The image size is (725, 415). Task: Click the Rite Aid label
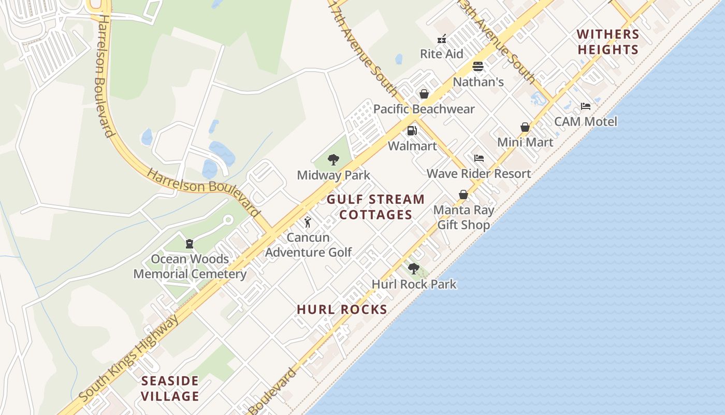(441, 54)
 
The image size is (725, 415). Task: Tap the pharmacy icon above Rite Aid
(442, 38)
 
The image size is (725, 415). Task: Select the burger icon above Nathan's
(477, 66)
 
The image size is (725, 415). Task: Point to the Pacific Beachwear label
(424, 109)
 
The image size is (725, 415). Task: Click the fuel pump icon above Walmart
(412, 131)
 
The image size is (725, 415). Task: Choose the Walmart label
(412, 146)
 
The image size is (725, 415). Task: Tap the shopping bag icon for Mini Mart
(525, 127)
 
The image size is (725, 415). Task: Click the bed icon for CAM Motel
(586, 106)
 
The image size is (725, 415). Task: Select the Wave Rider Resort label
(479, 173)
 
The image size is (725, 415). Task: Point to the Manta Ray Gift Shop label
(463, 217)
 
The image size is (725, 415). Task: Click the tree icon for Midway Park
(334, 160)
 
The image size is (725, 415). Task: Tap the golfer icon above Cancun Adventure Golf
(308, 222)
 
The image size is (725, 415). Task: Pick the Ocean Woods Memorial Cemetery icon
(190, 243)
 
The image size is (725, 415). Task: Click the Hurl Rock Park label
(414, 284)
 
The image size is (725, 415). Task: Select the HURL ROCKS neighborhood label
(342, 310)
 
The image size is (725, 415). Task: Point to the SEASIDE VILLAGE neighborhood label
(170, 389)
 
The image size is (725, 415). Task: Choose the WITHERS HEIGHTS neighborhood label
(608, 42)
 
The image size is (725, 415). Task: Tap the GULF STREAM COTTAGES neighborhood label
(376, 207)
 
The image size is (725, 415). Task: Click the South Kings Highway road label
(130, 358)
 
